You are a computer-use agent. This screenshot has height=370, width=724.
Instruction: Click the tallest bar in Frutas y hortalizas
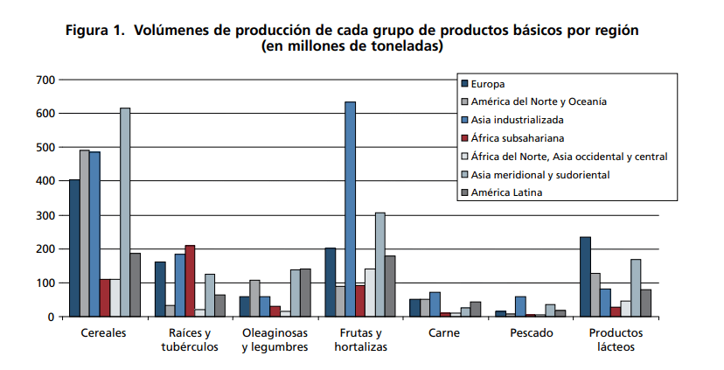tap(350, 210)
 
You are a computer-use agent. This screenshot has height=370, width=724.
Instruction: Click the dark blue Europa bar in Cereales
tap(74, 248)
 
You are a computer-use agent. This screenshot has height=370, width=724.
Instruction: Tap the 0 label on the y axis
tap(52, 317)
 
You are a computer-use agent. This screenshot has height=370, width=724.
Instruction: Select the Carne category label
tap(445, 333)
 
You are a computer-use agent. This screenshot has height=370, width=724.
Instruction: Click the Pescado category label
tap(530, 333)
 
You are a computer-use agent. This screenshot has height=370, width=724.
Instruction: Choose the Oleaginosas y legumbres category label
tap(275, 340)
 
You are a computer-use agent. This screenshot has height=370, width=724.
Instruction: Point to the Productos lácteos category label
tap(616, 340)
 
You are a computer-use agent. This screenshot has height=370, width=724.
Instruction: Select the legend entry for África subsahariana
tap(518, 138)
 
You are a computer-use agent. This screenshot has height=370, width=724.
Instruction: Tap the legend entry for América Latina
tap(507, 193)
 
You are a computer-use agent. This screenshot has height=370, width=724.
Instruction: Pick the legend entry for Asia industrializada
tap(518, 120)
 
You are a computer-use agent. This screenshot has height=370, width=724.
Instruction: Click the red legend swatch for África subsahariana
tap(465, 138)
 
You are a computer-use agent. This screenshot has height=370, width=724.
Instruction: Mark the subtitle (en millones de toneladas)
tap(352, 47)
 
